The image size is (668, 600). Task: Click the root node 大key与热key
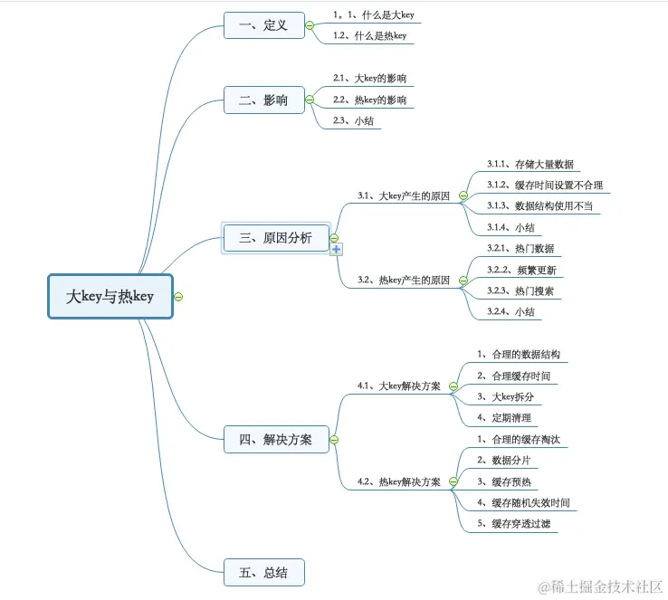click(110, 296)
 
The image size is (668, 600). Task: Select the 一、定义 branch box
click(263, 25)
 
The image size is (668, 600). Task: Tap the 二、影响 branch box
click(263, 100)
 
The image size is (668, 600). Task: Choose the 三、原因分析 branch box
click(275, 238)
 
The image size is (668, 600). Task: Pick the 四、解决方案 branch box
click(276, 440)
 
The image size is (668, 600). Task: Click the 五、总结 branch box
click(263, 572)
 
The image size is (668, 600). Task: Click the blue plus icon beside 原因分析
click(337, 249)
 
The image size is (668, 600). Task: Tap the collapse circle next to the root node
click(179, 296)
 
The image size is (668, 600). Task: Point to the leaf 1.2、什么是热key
click(369, 36)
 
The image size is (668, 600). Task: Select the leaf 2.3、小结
click(354, 120)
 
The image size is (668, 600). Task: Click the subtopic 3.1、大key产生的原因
click(403, 195)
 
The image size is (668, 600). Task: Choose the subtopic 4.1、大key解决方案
click(399, 386)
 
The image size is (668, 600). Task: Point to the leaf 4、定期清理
click(504, 418)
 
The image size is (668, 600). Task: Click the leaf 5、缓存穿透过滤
click(516, 523)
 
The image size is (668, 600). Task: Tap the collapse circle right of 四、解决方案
click(334, 440)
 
